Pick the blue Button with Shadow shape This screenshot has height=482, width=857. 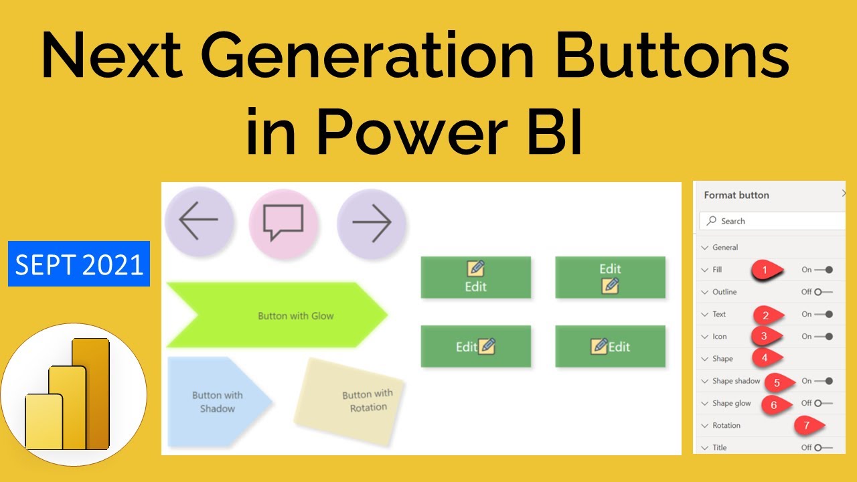216,402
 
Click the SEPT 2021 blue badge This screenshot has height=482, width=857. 79,265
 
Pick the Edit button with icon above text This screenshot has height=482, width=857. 475,277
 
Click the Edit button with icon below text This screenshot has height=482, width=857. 610,277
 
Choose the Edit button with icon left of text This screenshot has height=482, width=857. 610,346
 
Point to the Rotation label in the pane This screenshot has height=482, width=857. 726,425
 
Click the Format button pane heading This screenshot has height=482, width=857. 736,195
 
